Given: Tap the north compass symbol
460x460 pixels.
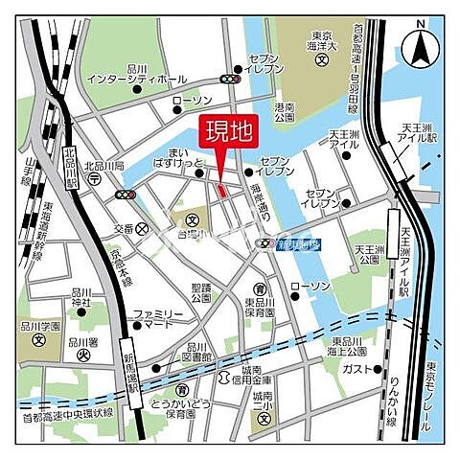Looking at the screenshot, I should [x=419, y=44].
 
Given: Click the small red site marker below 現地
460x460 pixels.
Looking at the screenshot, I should [x=221, y=192].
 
